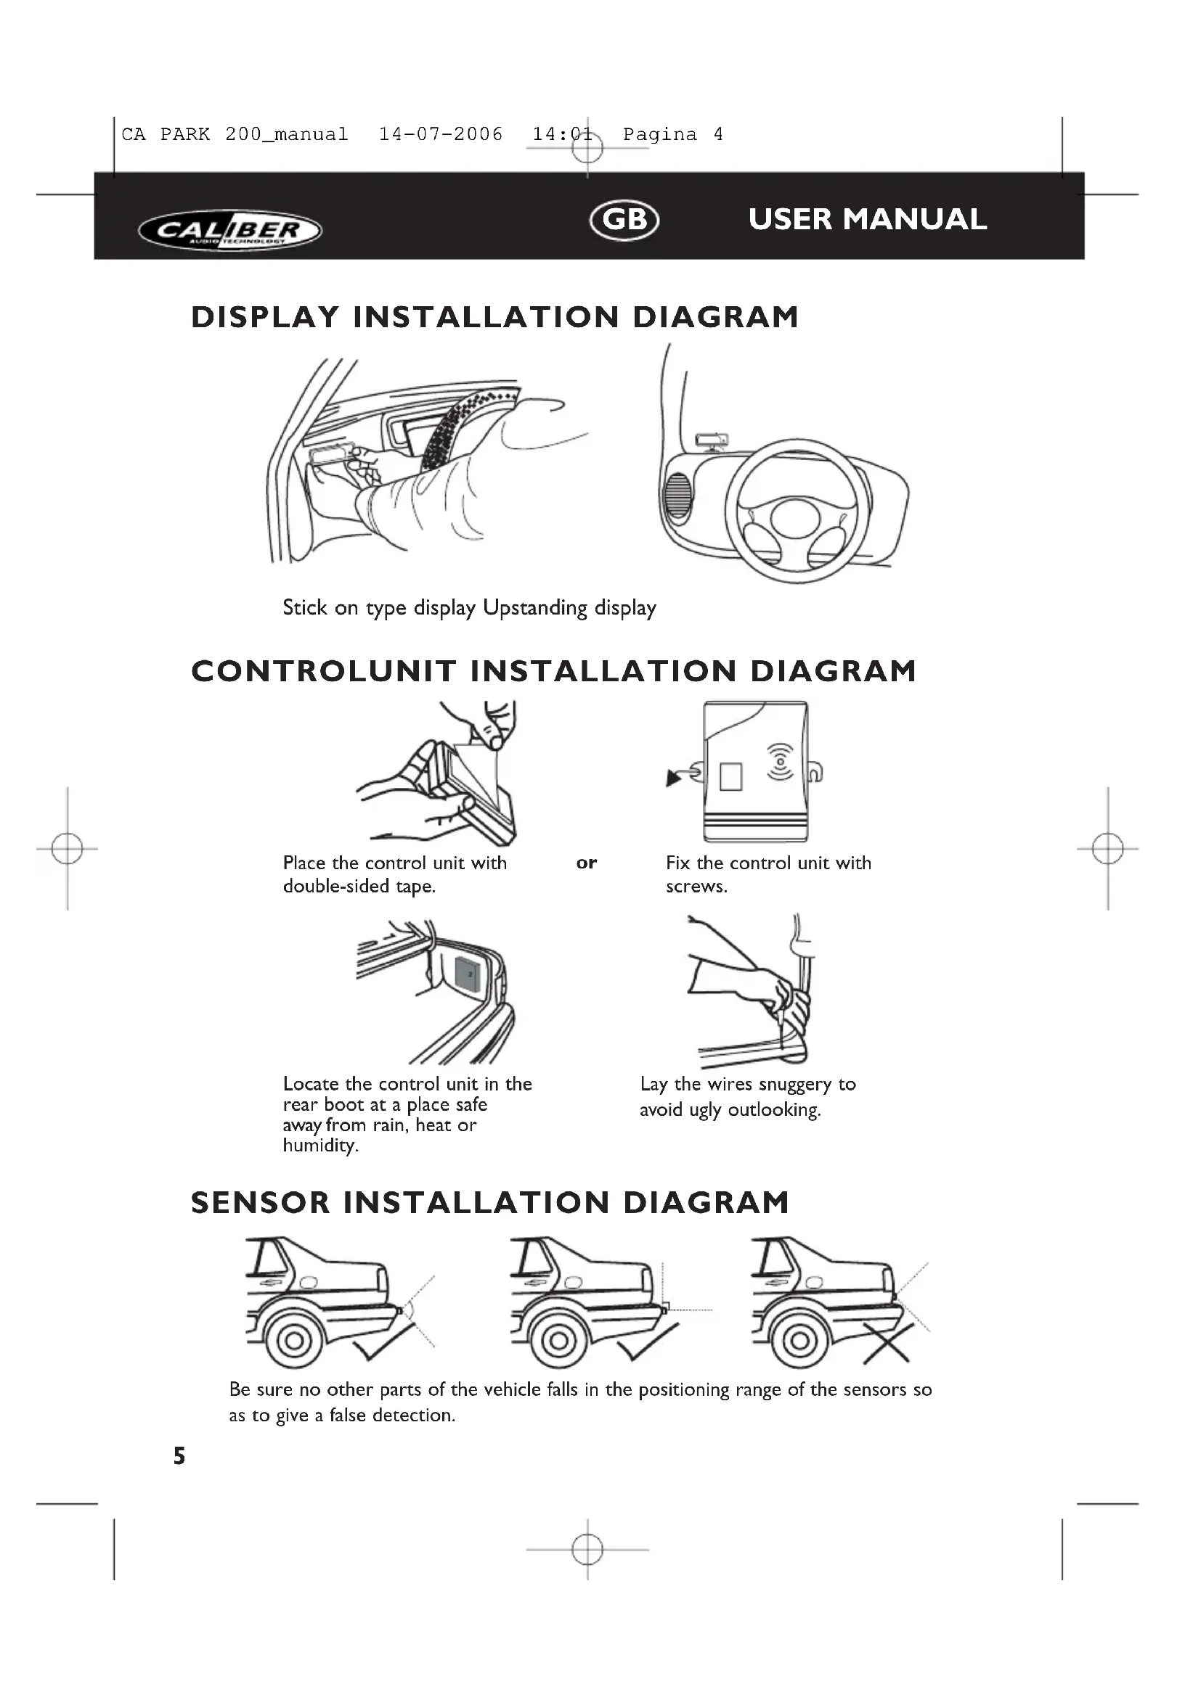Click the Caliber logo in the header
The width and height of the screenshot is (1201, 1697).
(x=230, y=231)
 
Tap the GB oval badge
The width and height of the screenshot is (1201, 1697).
(x=625, y=220)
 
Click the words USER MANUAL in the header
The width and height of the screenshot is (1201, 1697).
(x=868, y=220)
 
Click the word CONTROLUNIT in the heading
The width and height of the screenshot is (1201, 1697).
(x=324, y=671)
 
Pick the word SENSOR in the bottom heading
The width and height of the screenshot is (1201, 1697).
(x=261, y=1202)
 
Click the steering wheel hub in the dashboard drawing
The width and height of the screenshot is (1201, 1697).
(x=795, y=518)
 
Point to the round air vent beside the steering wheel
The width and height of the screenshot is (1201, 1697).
(x=677, y=496)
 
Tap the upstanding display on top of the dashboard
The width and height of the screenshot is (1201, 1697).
(x=712, y=440)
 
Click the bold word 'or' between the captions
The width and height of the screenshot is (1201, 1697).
(x=587, y=863)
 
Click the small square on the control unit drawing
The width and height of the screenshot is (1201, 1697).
(x=730, y=776)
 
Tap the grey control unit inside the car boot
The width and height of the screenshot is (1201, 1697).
(x=468, y=974)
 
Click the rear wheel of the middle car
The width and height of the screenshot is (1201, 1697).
(x=559, y=1340)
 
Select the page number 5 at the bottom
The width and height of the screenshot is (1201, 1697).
(x=179, y=1456)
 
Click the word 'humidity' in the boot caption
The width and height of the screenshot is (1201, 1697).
(x=320, y=1146)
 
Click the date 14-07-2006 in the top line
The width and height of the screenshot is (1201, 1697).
(x=441, y=134)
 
